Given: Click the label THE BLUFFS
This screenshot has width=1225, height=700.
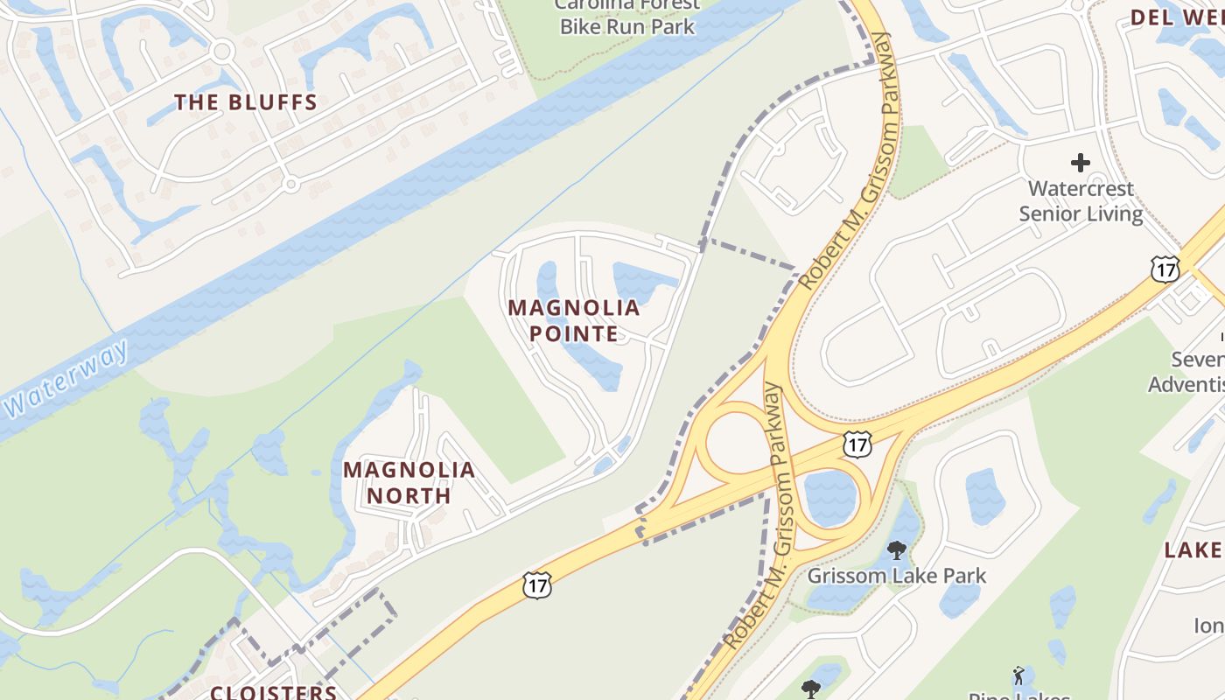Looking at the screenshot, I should click(x=246, y=102).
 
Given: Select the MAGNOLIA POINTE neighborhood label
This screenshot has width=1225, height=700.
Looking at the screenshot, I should click(x=574, y=320).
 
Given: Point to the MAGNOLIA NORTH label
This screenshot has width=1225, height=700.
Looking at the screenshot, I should click(x=409, y=482).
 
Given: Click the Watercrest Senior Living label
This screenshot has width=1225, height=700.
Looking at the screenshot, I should click(x=1081, y=201).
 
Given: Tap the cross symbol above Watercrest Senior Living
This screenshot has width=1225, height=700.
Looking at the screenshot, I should click(x=1081, y=163).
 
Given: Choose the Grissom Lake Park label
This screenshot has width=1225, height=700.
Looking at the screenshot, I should click(x=896, y=576).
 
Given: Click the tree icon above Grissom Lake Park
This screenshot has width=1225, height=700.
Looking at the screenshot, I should click(x=896, y=550).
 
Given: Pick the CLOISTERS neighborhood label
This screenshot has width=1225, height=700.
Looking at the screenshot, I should click(x=274, y=692).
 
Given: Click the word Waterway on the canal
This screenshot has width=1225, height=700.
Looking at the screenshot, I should click(x=66, y=380).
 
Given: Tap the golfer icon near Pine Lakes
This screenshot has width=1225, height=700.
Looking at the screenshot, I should click(x=1018, y=675).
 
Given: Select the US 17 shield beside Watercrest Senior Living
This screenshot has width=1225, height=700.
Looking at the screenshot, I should click(x=1165, y=269).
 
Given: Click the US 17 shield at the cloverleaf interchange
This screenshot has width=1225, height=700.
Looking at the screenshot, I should click(x=857, y=444).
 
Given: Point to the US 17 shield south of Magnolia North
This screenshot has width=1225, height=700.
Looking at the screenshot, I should click(x=537, y=584).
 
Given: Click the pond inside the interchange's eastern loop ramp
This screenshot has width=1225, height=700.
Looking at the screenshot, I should click(x=828, y=497).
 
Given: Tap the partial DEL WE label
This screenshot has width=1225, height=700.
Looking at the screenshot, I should click(x=1177, y=17).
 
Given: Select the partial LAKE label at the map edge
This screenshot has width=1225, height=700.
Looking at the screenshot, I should click(x=1193, y=549).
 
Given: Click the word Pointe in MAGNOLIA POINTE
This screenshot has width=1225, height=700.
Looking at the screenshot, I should click(x=574, y=333).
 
